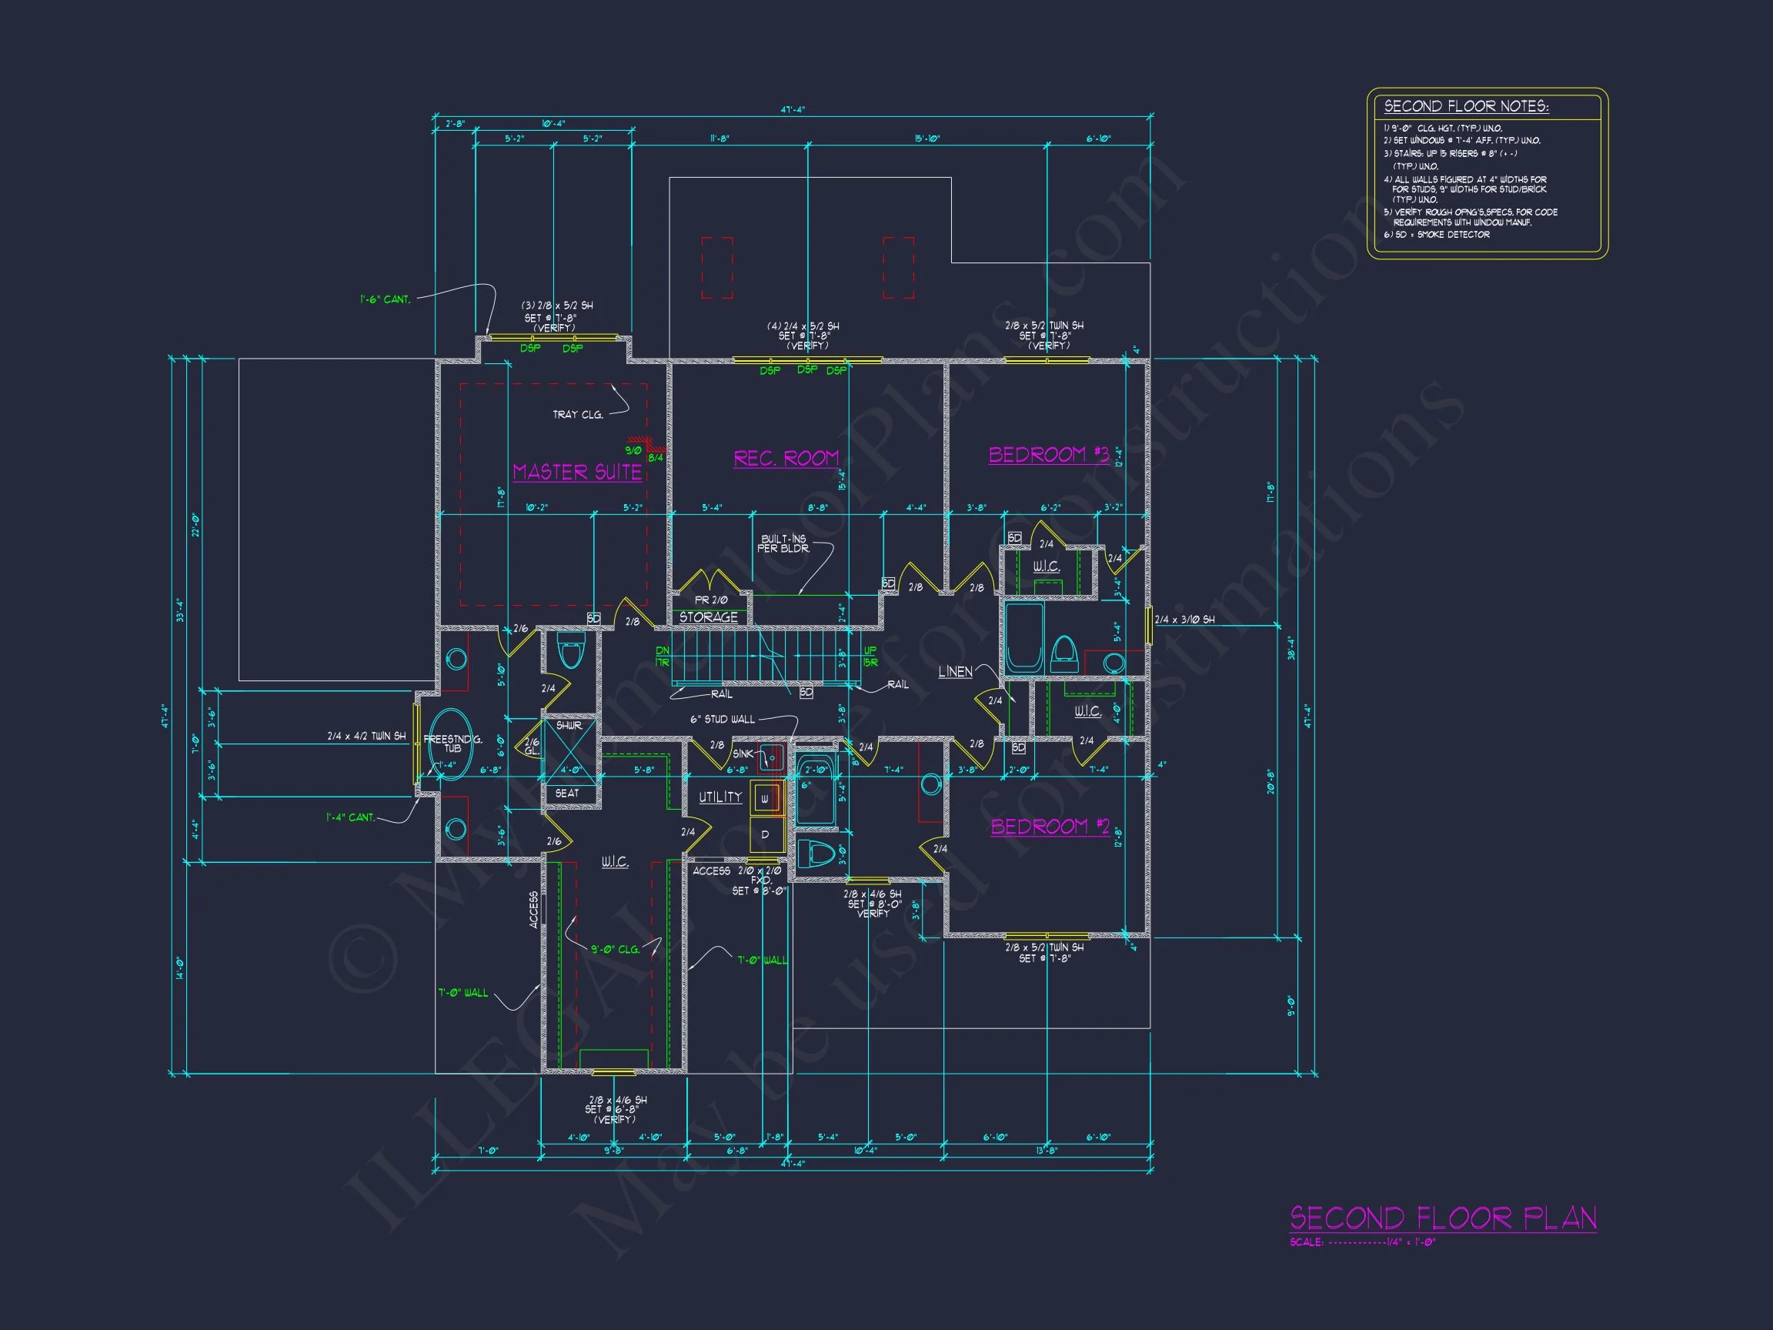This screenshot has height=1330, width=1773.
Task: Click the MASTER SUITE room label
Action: coord(577,471)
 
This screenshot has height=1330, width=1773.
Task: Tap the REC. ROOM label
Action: coord(786,458)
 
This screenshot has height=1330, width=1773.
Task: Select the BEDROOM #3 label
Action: coord(1048,455)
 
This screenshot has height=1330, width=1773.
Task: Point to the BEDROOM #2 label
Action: coord(1050,827)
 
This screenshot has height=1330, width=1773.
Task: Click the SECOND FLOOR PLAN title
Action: coord(1443,1219)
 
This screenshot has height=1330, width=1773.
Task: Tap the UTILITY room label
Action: coord(720,797)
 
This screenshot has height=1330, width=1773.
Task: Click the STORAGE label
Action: coord(709,617)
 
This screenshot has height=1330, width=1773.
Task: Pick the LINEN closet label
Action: coord(955,672)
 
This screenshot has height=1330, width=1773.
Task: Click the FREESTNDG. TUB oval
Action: coord(451,745)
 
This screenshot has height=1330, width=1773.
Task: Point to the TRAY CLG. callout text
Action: coord(577,415)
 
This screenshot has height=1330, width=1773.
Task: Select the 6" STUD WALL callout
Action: coord(722,719)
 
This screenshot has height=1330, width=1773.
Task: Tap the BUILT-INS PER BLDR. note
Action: coord(783,543)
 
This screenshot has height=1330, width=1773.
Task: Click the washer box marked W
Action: coord(765,799)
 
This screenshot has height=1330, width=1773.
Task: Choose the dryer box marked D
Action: coord(765,834)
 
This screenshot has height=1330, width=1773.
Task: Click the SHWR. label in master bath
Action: coord(568,726)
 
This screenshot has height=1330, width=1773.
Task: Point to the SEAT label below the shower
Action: coord(566,793)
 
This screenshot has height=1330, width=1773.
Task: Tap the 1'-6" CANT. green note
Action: coord(385,300)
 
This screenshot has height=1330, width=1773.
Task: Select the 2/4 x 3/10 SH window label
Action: coord(1184,620)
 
